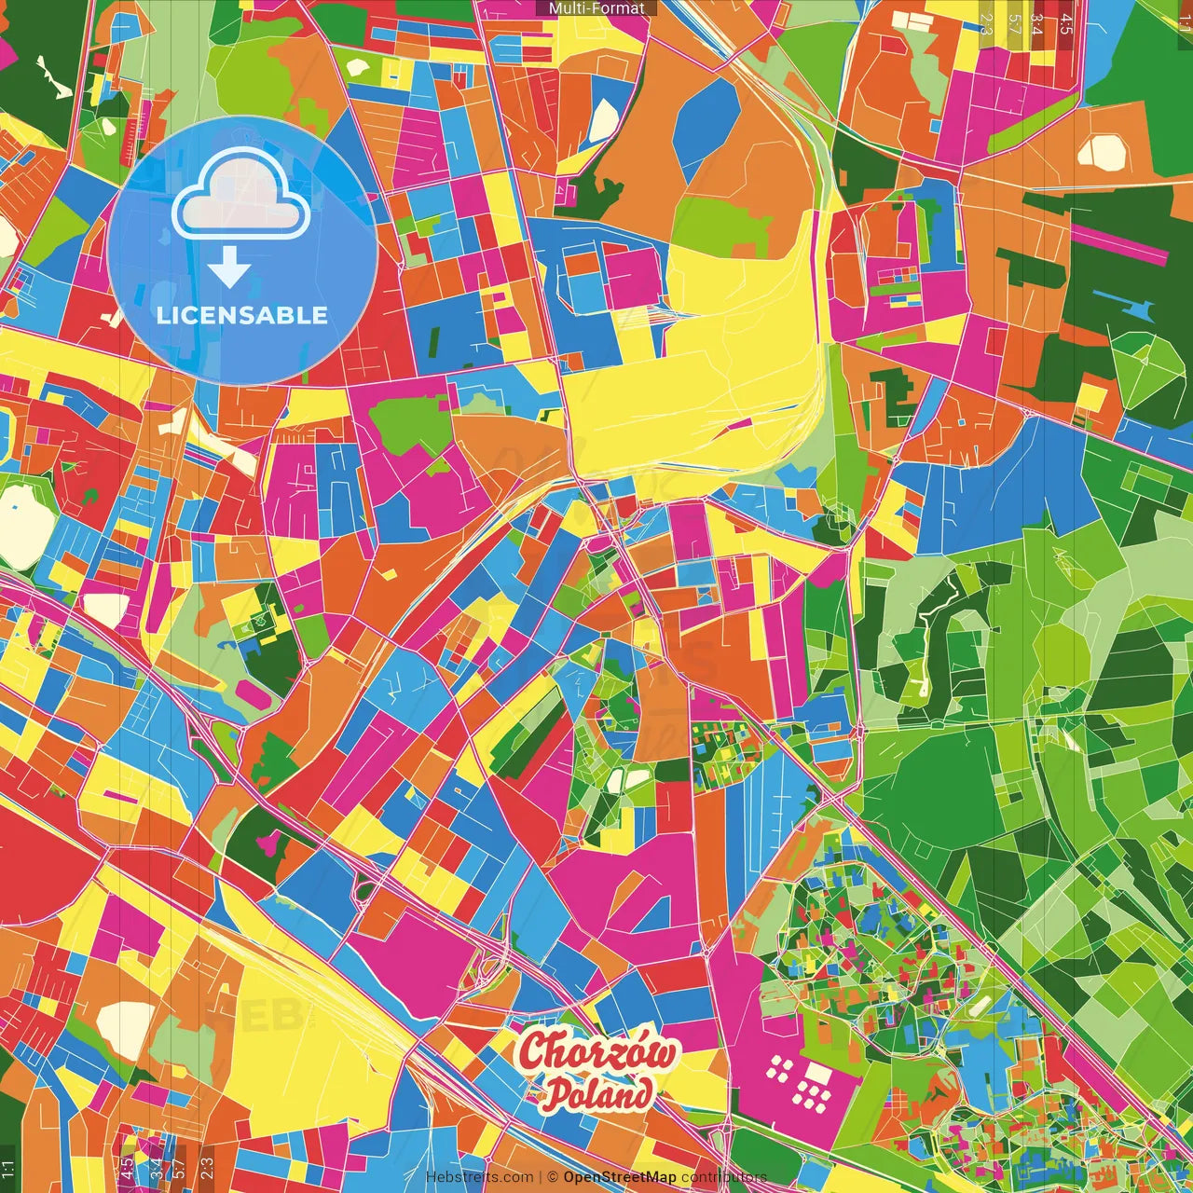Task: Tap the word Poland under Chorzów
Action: point(597,1092)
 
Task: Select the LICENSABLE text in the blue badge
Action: point(242,315)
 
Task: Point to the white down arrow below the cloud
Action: point(229,270)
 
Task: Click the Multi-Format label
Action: point(596,8)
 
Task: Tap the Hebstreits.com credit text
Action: point(479,1177)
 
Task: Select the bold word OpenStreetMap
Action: point(620,1177)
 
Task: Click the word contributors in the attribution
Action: point(723,1177)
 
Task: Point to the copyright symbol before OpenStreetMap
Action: point(553,1177)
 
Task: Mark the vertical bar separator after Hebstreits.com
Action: point(541,1177)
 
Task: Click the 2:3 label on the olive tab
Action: point(986,23)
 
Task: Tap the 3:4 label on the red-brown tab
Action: point(1038,23)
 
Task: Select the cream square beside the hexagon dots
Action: point(817,1075)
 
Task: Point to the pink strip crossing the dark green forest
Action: point(1119,241)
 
